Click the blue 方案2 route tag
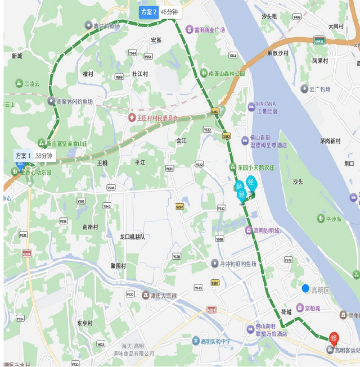(148, 12)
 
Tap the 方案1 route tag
(23, 156)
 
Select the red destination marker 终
(334, 338)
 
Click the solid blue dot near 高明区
(305, 288)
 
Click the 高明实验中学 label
(214, 341)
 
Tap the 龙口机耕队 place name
(132, 237)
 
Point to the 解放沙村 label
(277, 53)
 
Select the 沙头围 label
(269, 16)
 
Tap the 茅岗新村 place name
(330, 141)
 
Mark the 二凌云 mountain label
(32, 84)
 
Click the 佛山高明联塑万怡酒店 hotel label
(267, 330)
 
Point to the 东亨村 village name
(84, 323)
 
